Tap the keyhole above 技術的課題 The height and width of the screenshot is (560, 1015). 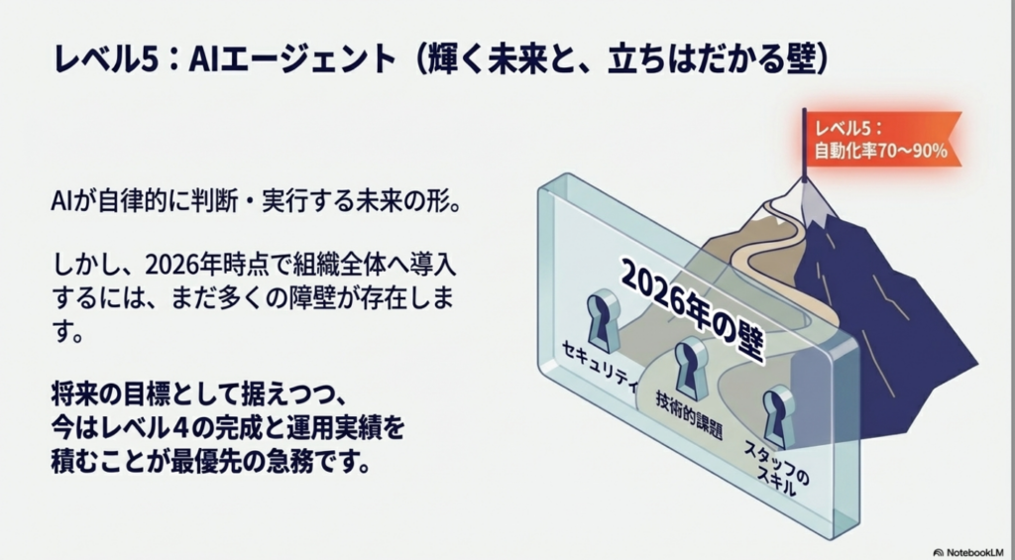691,367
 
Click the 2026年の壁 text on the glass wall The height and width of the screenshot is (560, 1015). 693,311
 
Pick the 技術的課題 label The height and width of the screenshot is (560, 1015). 688,415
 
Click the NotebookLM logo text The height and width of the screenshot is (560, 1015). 971,552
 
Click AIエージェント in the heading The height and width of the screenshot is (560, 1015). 290,62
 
